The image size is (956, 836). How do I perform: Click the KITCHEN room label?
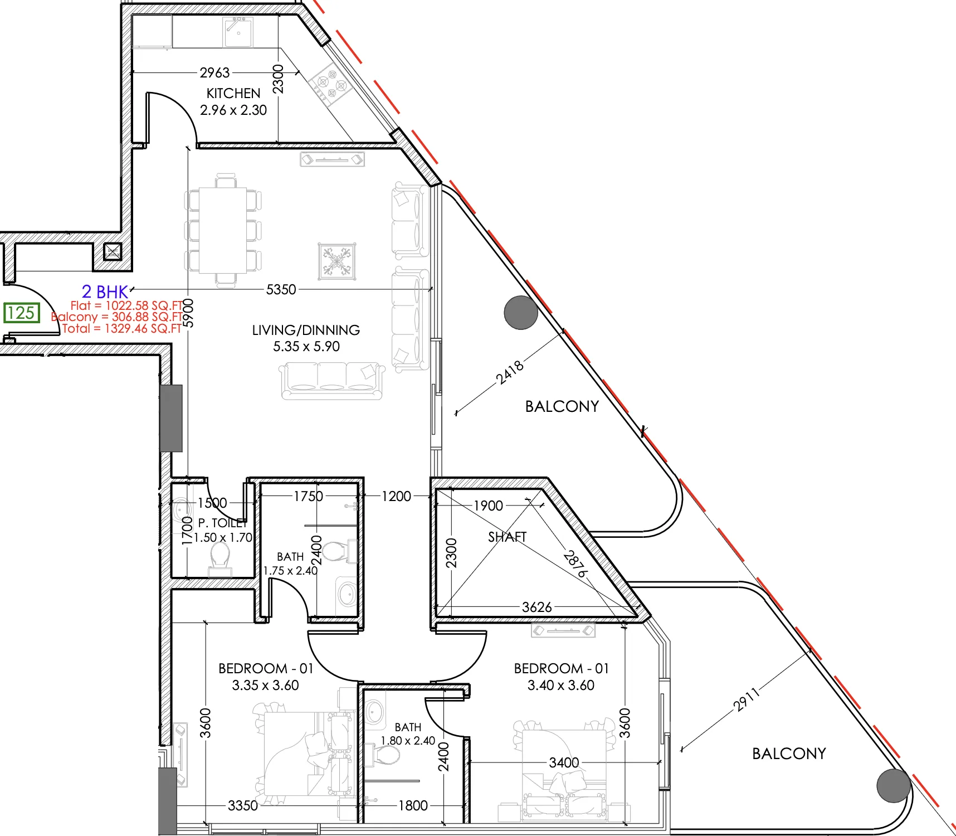click(x=233, y=93)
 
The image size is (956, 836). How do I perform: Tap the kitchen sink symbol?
click(x=238, y=32)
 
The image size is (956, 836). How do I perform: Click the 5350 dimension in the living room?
click(x=281, y=289)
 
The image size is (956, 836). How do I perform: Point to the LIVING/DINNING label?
click(x=306, y=330)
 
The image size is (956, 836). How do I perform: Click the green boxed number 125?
click(x=22, y=313)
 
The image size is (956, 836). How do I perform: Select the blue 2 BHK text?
click(x=105, y=291)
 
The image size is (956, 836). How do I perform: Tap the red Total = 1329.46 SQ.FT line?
click(x=121, y=328)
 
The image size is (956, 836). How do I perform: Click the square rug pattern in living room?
click(x=336, y=261)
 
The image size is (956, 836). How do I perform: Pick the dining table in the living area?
click(x=223, y=230)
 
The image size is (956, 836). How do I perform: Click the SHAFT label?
click(x=507, y=537)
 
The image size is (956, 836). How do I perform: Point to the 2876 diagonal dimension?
click(x=575, y=564)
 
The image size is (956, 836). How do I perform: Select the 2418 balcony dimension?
click(x=510, y=372)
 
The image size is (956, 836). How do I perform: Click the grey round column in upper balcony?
click(x=521, y=313)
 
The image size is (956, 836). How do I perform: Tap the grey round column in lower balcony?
click(x=894, y=785)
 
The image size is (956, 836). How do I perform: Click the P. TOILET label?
click(x=222, y=523)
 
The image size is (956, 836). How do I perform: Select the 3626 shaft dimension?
click(x=536, y=607)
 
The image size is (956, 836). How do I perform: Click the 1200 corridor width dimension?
click(x=396, y=496)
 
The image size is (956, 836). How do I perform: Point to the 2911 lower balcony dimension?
click(x=747, y=700)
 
